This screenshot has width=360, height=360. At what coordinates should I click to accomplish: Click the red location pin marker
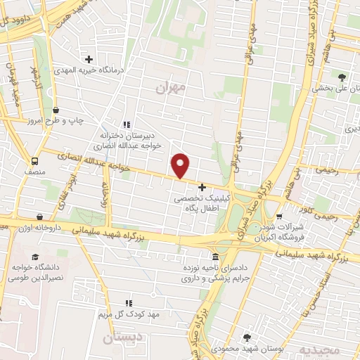[x=181, y=165]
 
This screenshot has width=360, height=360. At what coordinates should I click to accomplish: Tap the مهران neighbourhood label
[x=171, y=87]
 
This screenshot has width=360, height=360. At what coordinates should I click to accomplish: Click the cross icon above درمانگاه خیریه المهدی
[x=88, y=58]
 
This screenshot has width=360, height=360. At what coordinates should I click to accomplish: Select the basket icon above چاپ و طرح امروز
[x=56, y=110]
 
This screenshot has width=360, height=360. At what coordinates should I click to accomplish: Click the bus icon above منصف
[x=34, y=160]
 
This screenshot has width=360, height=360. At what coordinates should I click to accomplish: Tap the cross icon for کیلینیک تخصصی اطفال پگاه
[x=202, y=188]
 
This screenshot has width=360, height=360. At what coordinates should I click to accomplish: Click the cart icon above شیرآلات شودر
[x=280, y=217]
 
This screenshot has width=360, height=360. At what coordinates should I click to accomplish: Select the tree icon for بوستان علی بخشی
[x=342, y=77]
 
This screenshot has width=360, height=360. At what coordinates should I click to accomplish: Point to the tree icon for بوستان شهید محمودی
[x=247, y=338]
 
